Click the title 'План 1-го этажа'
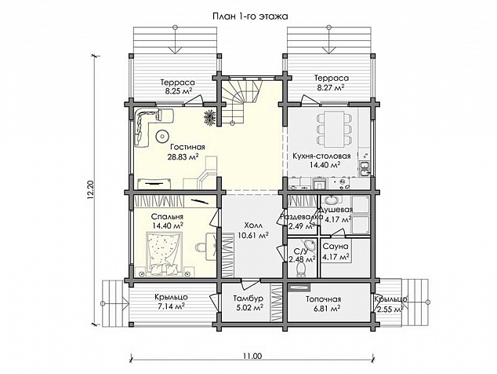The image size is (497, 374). click(x=250, y=16)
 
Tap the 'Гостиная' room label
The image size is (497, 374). click(x=187, y=147)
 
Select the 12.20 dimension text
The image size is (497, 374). click(x=91, y=191)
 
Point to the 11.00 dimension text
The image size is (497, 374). click(x=253, y=357)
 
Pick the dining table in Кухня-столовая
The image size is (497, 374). click(x=334, y=129)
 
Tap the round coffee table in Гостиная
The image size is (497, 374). click(x=162, y=137)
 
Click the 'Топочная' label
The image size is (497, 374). click(x=323, y=299)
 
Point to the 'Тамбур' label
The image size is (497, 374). click(x=248, y=299)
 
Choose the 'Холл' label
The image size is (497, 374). click(x=253, y=225)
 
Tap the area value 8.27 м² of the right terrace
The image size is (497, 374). click(x=332, y=87)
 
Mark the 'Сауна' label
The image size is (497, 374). click(x=336, y=246)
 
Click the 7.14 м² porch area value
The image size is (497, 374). click(x=171, y=306)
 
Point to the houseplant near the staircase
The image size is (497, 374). click(x=209, y=116)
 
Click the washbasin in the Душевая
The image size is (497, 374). click(x=332, y=200)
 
